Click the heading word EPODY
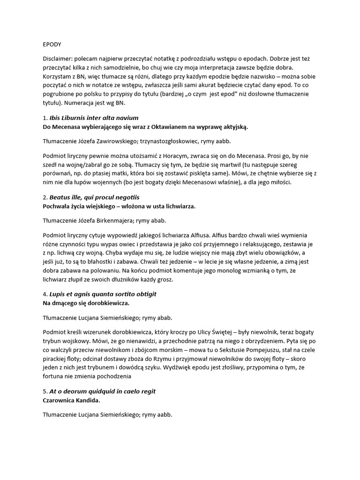click(52, 45)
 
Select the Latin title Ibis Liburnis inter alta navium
click(94, 118)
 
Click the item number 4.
click(44, 294)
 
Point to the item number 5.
click(44, 391)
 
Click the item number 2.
click(44, 197)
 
